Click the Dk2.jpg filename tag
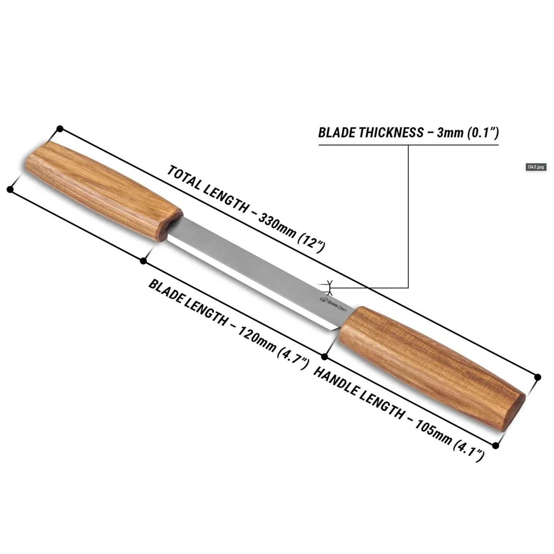[536, 167]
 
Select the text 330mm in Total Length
[277, 226]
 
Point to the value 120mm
[256, 339]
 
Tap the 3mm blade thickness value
[450, 133]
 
